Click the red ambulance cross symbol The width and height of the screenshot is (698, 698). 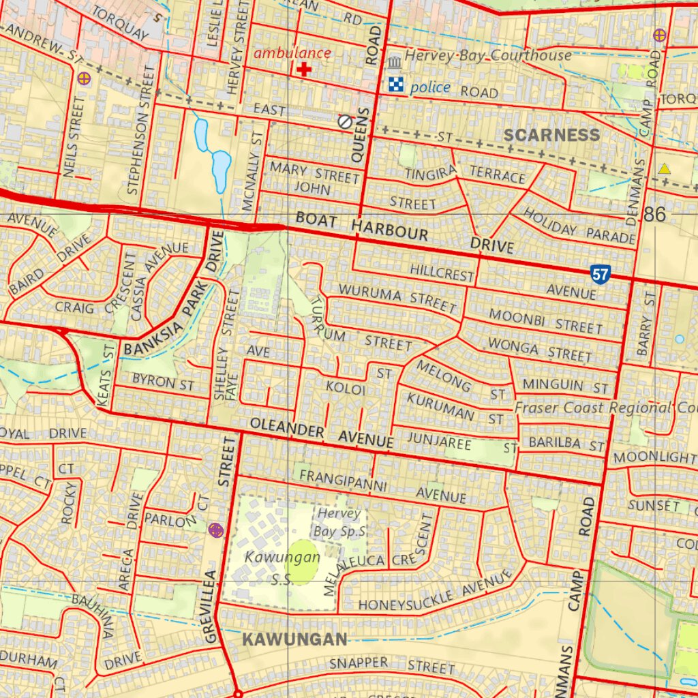click(x=304, y=69)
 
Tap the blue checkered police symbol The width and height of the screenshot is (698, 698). click(x=396, y=85)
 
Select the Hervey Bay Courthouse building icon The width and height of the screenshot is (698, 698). click(x=395, y=63)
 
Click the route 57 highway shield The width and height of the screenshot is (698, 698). click(x=600, y=275)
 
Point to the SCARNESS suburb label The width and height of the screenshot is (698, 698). click(x=552, y=135)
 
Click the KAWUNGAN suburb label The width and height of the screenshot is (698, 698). click(x=294, y=639)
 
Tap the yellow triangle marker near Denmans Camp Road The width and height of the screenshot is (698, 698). click(x=664, y=168)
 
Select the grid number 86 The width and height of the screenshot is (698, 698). click(x=654, y=215)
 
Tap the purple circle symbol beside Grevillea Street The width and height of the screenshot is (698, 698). click(x=216, y=529)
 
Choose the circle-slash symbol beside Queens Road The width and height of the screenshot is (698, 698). click(x=345, y=121)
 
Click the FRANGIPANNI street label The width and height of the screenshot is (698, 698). click(x=344, y=481)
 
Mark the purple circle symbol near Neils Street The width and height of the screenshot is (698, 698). click(x=84, y=78)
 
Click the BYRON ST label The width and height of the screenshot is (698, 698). click(x=164, y=382)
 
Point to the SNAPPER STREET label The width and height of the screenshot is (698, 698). click(x=392, y=664)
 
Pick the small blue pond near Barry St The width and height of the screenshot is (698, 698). click(x=679, y=339)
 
